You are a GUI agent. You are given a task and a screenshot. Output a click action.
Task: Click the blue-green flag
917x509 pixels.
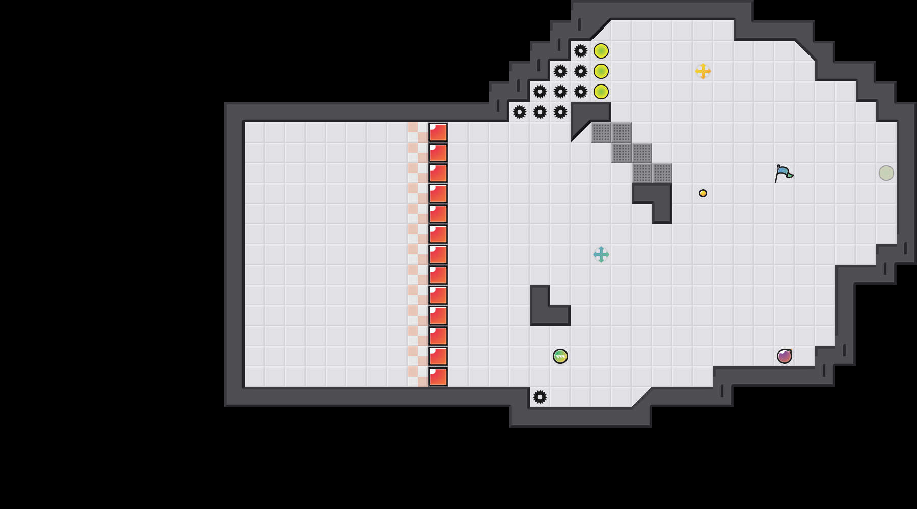coord(783,174)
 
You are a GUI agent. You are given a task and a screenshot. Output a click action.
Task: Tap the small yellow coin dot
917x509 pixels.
coord(703,193)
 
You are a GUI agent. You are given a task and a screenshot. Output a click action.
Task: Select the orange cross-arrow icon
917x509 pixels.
coord(703,71)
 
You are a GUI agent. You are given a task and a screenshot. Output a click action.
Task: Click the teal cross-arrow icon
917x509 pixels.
coord(601,254)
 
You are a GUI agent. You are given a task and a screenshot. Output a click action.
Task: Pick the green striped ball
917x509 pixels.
coord(560,356)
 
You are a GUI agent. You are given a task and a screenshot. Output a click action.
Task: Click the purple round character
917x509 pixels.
coord(785,356)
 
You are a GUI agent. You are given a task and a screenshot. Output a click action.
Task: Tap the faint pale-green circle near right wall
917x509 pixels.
coord(886,173)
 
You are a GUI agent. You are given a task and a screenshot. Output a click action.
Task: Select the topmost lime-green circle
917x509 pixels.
coord(601,51)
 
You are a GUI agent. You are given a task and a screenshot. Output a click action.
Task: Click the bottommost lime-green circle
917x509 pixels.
coord(601,92)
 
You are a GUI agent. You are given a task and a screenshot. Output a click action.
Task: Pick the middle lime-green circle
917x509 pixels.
coord(601,71)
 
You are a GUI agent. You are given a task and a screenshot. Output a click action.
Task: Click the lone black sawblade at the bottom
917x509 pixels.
coord(540,397)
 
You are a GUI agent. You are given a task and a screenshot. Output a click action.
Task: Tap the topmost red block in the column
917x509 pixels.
coord(438,132)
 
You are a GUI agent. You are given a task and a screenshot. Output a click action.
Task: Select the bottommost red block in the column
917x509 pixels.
coord(438,377)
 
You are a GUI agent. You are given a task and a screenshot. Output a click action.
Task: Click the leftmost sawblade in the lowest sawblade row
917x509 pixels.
coord(520,112)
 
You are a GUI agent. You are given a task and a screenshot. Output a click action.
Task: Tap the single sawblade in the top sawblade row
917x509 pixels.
coord(581,51)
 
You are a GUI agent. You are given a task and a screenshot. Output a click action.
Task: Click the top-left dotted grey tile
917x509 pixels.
coord(601,132)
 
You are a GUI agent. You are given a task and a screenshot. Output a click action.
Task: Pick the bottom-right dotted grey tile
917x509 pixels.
coord(662,173)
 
